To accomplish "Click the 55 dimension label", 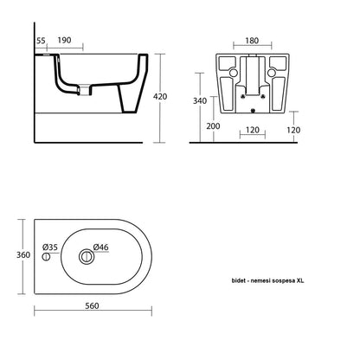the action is (41, 41).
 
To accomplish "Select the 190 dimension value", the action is (64, 40).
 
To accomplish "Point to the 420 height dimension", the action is (160, 96).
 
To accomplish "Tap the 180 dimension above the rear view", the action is (252, 41).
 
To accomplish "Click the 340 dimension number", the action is (200, 100).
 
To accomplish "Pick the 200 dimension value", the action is (213, 126).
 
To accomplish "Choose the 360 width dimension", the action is (23, 255).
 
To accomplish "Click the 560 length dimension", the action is (92, 305).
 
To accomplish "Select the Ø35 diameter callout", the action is (50, 247).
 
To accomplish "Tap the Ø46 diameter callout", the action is (101, 247).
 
